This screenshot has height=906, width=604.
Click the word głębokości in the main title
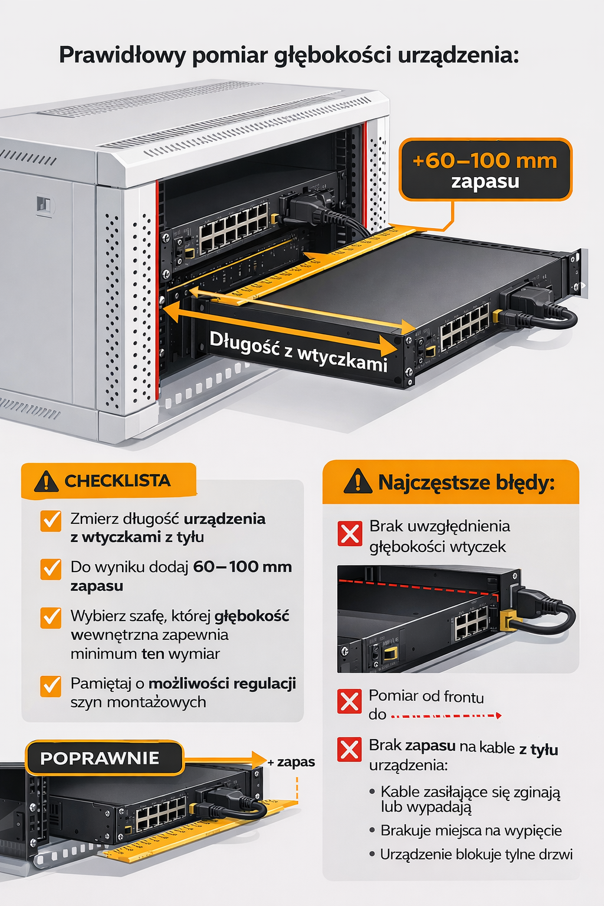coord(331,56)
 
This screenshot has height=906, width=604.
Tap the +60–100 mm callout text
coord(485,160)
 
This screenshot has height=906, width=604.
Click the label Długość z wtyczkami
coord(298,351)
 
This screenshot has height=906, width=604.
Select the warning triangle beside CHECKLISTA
coord(46,481)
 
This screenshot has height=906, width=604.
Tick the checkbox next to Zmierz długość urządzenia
coord(51,521)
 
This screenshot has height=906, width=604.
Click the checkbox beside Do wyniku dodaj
coord(51,569)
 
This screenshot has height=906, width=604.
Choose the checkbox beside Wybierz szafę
coord(51,618)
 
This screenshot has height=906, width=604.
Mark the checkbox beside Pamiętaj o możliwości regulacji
coord(51,686)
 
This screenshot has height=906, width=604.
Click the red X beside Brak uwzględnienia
coord(350,533)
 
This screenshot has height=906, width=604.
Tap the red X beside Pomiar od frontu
coord(350,701)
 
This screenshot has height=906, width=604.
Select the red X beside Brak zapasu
coord(350,749)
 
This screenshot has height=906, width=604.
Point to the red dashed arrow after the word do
coord(447,715)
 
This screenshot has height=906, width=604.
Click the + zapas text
coord(291,762)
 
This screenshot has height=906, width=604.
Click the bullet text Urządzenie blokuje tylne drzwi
coord(476,854)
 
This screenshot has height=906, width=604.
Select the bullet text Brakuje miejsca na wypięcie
coord(471,830)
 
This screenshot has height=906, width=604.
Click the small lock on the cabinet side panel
coord(44,204)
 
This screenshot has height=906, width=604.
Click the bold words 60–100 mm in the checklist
coord(242,567)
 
